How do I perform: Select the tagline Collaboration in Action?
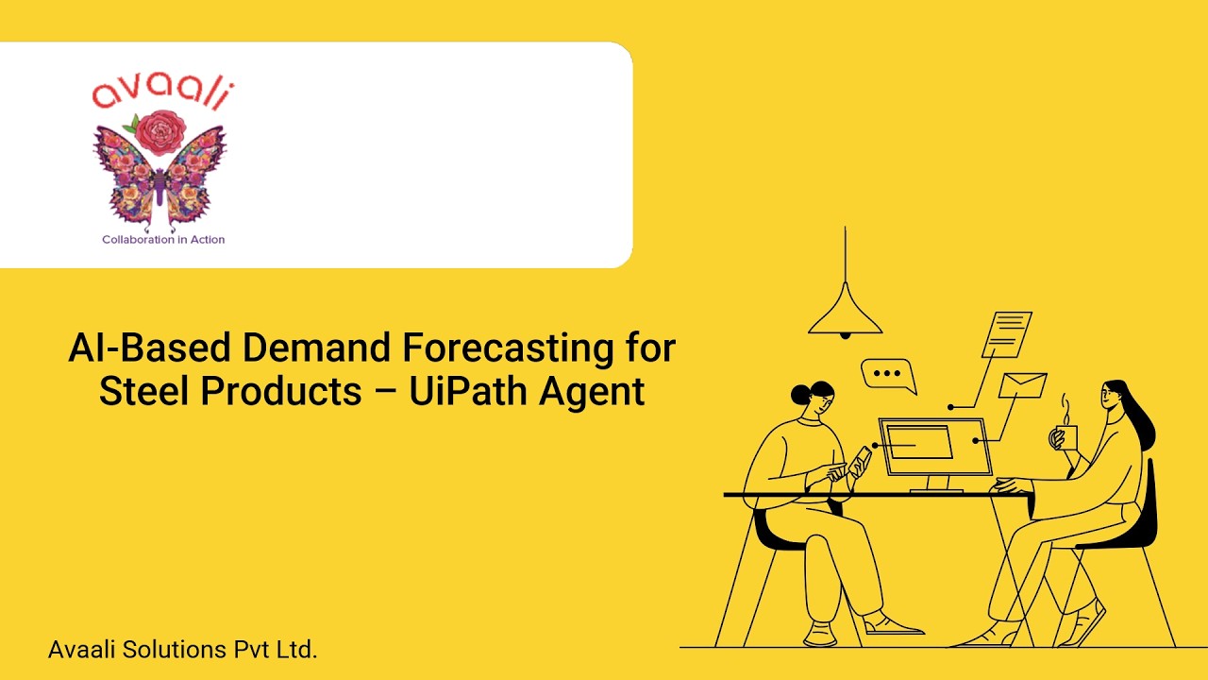pyautogui.click(x=163, y=240)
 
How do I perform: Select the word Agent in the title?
pyautogui.click(x=592, y=391)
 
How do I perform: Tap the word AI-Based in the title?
pyautogui.click(x=149, y=348)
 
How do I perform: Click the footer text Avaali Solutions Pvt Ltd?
pyautogui.click(x=182, y=650)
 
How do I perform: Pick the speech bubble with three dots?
pyautogui.click(x=887, y=374)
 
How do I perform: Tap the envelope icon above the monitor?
pyautogui.click(x=1023, y=385)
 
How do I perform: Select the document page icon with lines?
pyautogui.click(x=1007, y=333)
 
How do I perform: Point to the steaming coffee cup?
pyautogui.click(x=1065, y=437)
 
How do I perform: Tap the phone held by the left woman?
pyautogui.click(x=862, y=460)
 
